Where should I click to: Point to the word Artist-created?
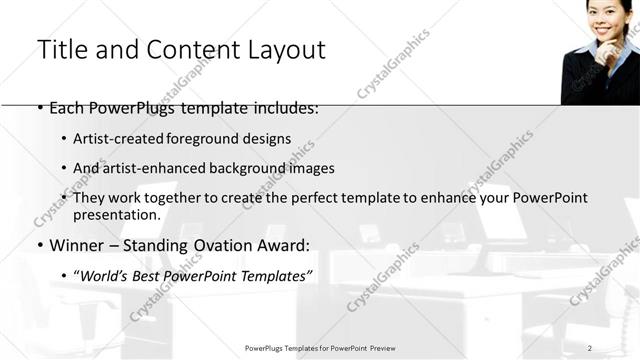(112, 139)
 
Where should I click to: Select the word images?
(312, 168)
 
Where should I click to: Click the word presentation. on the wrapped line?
(116, 214)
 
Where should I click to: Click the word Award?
(282, 245)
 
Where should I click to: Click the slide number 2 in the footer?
(590, 347)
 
